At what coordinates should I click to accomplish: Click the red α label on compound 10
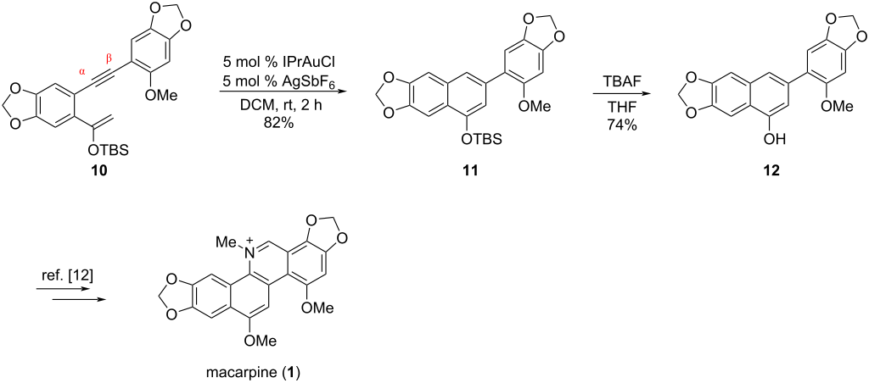82,72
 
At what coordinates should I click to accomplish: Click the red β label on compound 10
108,59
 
